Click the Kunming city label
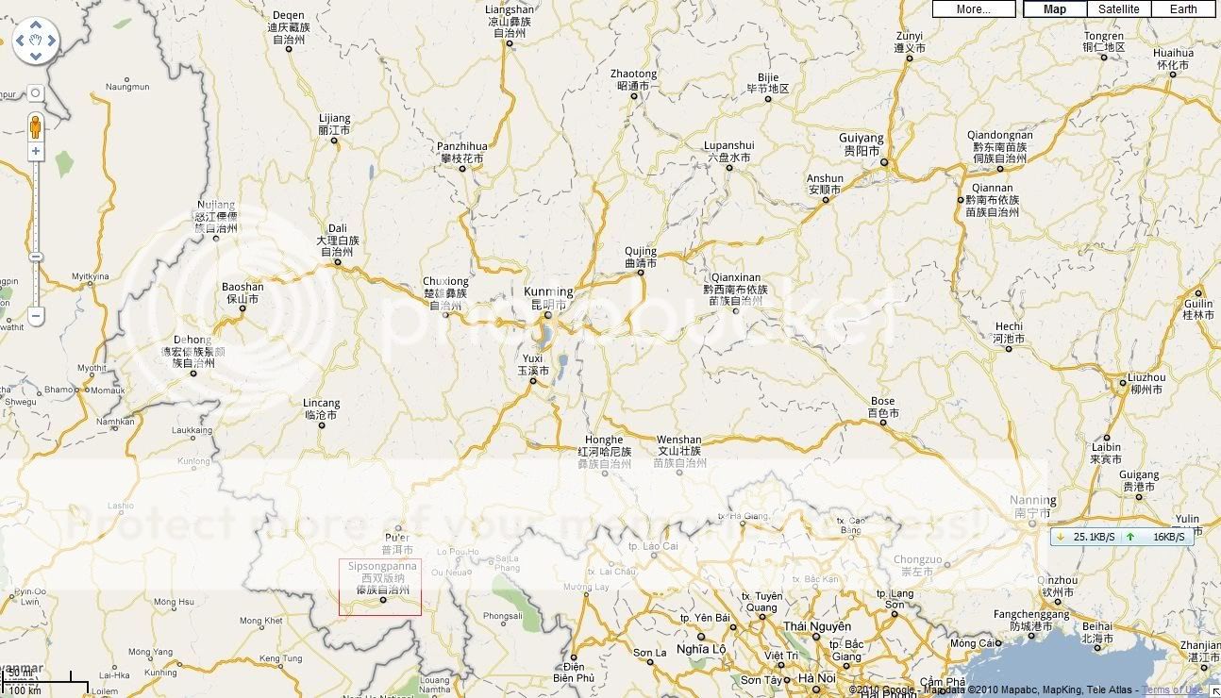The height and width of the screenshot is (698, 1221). click(548, 292)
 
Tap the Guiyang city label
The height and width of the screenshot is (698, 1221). click(861, 139)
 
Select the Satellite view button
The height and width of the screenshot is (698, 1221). click(1118, 9)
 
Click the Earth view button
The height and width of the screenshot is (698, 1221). click(1183, 9)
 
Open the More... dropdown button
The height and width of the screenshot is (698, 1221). click(974, 9)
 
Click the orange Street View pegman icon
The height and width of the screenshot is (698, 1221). click(36, 126)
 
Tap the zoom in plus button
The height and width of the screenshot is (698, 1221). click(36, 151)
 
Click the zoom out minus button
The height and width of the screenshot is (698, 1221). click(36, 316)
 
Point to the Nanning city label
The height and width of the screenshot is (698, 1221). click(1032, 500)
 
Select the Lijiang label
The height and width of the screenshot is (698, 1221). click(334, 119)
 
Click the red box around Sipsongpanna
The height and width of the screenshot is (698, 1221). click(380, 587)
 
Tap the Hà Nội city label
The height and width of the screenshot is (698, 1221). click(816, 678)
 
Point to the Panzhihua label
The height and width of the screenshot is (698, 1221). click(462, 147)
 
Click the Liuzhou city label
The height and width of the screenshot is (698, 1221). click(1146, 377)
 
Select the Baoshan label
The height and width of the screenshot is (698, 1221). click(243, 287)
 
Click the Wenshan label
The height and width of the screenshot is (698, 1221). click(679, 440)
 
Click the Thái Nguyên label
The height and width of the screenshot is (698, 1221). click(816, 627)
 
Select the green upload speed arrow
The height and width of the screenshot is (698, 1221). click(1130, 537)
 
